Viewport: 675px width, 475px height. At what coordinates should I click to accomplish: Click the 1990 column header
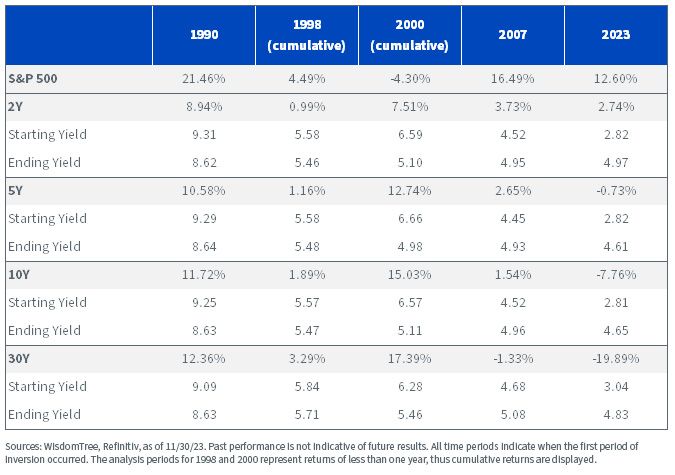204,34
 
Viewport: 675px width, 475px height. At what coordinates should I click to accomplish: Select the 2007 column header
513,34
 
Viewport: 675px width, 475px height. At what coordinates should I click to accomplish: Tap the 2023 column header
616,34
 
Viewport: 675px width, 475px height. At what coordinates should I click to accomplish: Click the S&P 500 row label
33,79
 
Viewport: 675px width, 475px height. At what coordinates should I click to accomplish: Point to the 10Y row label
19,274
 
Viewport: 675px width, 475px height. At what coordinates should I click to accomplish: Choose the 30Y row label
19,358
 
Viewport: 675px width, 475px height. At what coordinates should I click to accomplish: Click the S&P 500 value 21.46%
204,79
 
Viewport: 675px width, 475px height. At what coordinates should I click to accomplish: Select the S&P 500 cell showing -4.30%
409,79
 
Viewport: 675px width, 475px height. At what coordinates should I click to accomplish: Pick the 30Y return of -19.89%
616,358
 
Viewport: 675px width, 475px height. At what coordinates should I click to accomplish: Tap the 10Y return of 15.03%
409,274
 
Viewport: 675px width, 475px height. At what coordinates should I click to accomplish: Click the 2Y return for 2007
513,106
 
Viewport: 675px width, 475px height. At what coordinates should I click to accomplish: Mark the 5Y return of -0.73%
616,190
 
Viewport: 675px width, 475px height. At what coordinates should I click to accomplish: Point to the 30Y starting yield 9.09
204,386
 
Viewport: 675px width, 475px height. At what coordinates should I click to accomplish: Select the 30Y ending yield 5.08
513,414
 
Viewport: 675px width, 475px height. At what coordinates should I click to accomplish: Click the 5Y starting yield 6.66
410,218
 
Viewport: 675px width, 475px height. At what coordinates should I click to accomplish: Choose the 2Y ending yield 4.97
616,162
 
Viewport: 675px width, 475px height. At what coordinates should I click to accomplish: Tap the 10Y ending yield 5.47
307,330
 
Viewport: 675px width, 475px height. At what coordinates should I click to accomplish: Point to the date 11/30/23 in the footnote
188,446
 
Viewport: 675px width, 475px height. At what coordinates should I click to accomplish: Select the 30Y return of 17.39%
409,358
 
